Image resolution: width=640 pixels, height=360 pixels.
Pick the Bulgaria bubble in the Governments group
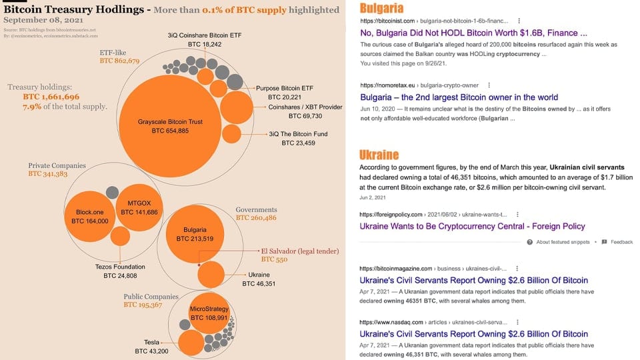(x=195, y=233)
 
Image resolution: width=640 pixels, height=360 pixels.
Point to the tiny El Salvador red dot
(x=199, y=265)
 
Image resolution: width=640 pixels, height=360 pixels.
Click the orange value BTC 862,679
(x=119, y=61)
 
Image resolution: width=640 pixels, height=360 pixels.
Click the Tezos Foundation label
(x=120, y=267)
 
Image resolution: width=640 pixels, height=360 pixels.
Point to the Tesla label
(x=151, y=342)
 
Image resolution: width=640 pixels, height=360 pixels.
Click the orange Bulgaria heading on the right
(x=381, y=9)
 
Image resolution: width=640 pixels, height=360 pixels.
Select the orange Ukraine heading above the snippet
(x=379, y=155)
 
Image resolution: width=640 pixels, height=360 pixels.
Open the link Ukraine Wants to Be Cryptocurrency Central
(x=472, y=227)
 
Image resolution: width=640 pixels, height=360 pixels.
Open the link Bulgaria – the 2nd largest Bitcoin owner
(x=459, y=97)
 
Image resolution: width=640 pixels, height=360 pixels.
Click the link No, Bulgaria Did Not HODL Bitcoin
(x=473, y=32)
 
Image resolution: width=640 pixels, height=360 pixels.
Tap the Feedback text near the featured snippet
(x=621, y=242)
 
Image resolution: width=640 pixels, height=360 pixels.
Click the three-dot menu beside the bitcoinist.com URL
(x=519, y=21)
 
